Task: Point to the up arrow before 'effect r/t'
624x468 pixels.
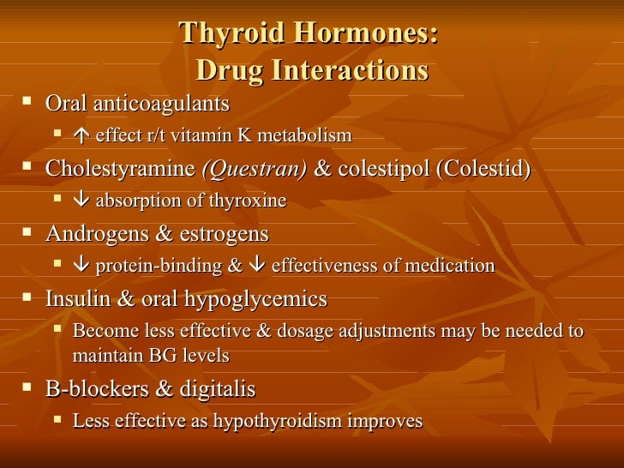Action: tap(81, 135)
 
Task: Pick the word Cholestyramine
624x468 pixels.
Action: tap(119, 169)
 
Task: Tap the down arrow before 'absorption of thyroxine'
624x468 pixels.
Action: tap(81, 201)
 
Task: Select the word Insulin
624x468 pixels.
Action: tap(75, 299)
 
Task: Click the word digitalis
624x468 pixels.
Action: tap(217, 389)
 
